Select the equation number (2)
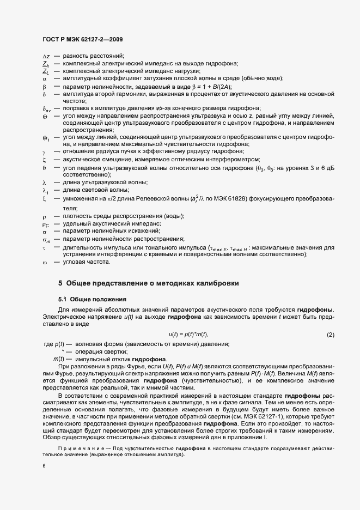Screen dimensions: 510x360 click(330, 334)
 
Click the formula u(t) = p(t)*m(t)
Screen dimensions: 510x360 click(188, 334)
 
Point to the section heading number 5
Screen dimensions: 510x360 click(60, 283)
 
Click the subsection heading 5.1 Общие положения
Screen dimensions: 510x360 click(92, 299)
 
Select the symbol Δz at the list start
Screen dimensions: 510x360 click(46, 56)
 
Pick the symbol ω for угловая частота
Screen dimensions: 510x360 click(45, 262)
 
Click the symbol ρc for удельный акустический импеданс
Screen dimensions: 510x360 click(46, 224)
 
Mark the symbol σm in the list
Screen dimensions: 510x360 click(46, 239)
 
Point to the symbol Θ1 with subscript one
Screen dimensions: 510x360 click(46, 138)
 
